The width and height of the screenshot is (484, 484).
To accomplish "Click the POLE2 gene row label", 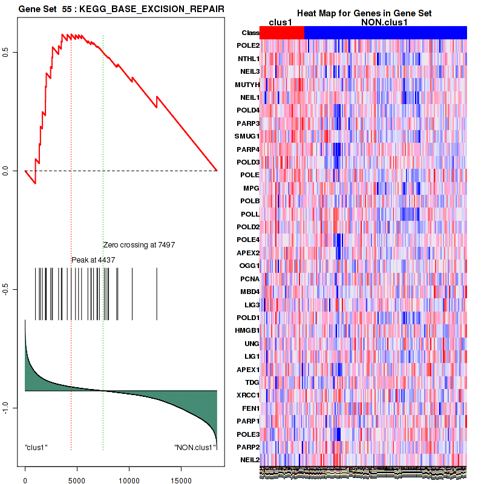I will [249, 46].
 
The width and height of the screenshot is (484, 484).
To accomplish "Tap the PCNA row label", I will [249, 278].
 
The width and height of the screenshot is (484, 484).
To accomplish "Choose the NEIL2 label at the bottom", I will [249, 460].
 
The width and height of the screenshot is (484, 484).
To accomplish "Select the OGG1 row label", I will [249, 266].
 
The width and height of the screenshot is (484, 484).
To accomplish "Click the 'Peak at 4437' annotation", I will [93, 260].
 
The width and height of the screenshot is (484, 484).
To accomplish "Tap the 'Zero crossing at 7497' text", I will [139, 245].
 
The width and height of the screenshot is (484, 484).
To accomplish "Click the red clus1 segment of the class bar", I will [282, 33].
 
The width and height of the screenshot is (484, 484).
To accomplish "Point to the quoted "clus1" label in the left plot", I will [36, 447].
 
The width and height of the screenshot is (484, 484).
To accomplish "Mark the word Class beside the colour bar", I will [250, 33].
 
